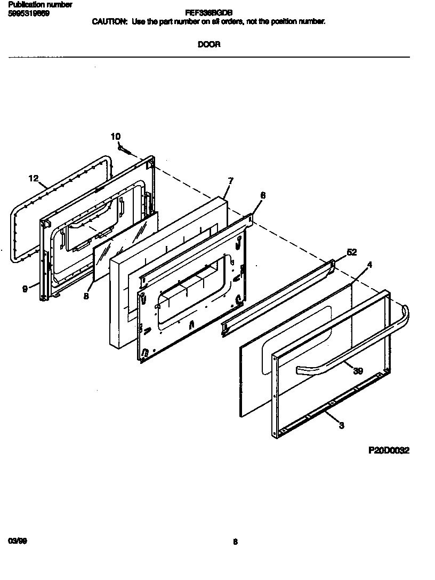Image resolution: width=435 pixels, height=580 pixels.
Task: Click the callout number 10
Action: (116, 137)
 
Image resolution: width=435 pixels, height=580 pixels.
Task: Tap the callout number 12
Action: (34, 178)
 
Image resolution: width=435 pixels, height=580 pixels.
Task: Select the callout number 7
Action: (230, 181)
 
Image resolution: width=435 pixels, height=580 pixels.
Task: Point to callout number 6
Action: (262, 195)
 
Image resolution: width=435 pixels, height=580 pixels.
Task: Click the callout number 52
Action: (352, 252)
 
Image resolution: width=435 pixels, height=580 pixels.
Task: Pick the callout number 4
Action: (370, 265)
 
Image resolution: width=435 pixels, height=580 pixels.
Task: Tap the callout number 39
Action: (358, 371)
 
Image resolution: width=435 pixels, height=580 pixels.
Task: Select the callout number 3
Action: (341, 425)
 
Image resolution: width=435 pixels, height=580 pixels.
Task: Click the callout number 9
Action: (25, 289)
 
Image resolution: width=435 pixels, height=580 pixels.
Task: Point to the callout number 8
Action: (86, 296)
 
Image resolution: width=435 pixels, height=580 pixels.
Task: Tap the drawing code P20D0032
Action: (389, 450)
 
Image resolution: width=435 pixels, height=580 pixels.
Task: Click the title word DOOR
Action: (209, 45)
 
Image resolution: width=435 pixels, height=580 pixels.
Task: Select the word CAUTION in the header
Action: (110, 21)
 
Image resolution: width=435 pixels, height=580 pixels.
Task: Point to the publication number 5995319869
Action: (29, 13)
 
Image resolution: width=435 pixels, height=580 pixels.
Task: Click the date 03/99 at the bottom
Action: (18, 541)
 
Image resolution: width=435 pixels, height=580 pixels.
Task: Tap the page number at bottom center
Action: (235, 542)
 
